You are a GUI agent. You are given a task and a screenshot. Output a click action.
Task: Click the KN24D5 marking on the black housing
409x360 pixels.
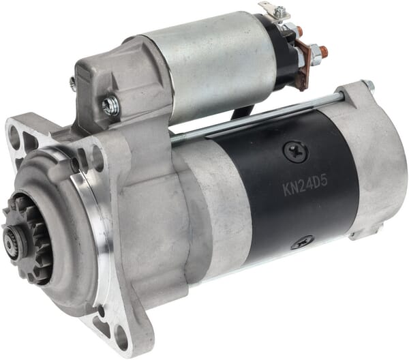coord(305,186)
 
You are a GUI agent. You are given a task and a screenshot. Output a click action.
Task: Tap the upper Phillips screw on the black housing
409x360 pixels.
coord(296,152)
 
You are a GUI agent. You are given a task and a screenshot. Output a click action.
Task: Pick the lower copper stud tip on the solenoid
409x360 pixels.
coord(323,49)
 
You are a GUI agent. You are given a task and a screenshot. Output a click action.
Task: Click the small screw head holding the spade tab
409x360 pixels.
coord(280,10)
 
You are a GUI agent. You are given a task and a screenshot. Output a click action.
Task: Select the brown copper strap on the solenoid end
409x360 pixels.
coord(305,65)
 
